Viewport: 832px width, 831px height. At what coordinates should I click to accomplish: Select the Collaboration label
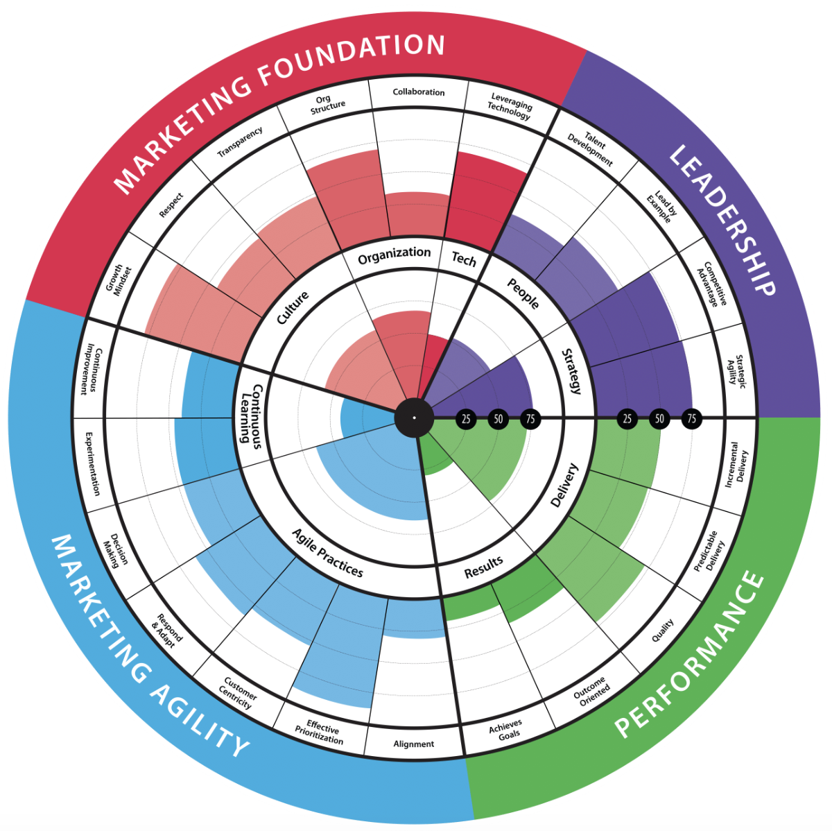click(418, 92)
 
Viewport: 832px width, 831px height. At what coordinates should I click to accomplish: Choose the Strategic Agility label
click(736, 372)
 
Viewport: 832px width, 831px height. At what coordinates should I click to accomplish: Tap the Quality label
click(663, 630)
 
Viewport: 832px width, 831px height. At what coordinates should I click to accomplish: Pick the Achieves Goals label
click(506, 730)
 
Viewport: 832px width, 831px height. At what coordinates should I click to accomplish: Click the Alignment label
click(414, 744)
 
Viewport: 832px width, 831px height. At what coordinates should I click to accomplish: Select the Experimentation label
click(93, 463)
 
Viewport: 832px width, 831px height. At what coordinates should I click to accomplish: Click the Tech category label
click(464, 259)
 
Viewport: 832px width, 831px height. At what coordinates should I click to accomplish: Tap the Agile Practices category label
click(328, 553)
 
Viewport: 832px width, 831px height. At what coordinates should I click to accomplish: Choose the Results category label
click(483, 567)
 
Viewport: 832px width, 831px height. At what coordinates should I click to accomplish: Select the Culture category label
click(293, 308)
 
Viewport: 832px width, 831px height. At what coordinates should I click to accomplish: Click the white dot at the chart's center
click(414, 418)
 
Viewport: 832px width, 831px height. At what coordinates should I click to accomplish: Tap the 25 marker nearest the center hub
click(466, 418)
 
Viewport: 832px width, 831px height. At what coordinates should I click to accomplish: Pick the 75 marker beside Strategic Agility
click(692, 418)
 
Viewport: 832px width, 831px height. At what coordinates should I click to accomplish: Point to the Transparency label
click(240, 142)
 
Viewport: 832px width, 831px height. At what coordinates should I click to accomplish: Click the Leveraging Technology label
click(510, 106)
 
